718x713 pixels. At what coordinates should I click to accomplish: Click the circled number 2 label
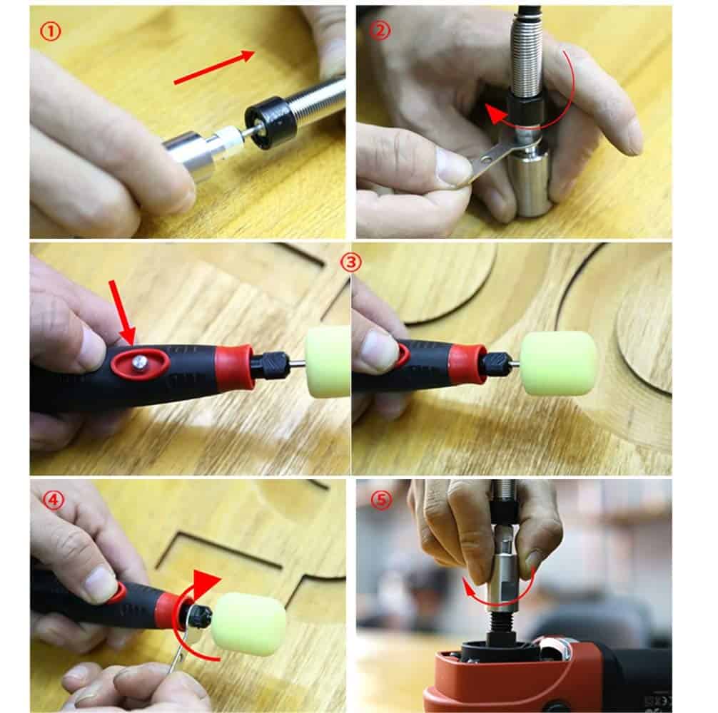(x=380, y=31)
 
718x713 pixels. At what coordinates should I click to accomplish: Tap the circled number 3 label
(x=350, y=262)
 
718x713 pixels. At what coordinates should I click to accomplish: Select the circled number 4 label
(x=54, y=500)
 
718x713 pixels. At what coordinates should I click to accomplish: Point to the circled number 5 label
(x=381, y=500)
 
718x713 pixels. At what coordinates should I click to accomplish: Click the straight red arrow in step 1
(x=214, y=67)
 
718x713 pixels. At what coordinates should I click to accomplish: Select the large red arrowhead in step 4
(x=205, y=583)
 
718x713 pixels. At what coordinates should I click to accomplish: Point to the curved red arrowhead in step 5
(x=468, y=588)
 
